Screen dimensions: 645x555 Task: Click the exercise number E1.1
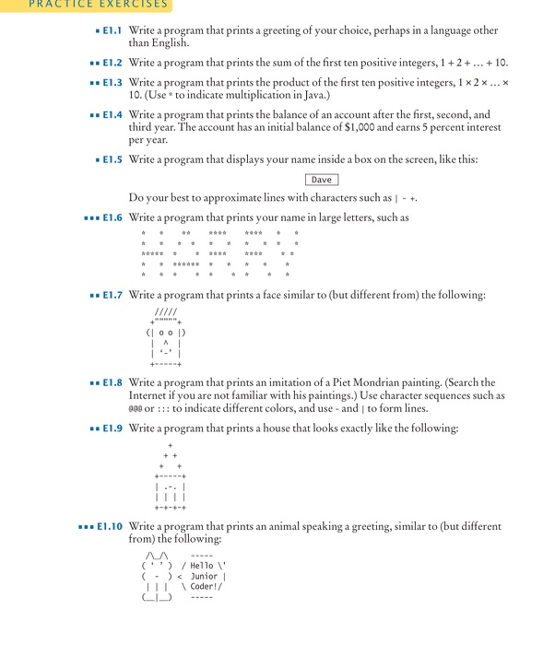pos(113,30)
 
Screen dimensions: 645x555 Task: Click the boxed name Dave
pos(321,180)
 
